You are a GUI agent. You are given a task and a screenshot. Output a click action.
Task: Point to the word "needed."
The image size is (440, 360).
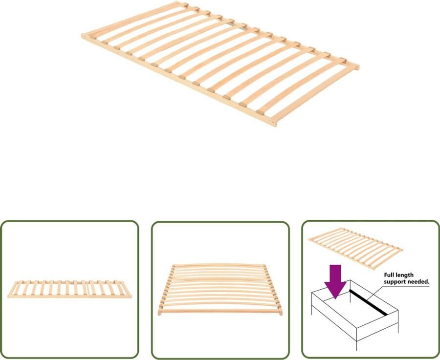coord(420,282)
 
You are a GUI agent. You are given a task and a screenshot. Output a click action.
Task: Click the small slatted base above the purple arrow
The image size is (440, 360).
coord(355,248)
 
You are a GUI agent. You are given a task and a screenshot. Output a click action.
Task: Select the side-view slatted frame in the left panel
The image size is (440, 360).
coord(69,289)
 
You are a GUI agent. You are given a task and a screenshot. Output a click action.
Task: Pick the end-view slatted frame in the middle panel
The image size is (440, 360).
coord(220,290)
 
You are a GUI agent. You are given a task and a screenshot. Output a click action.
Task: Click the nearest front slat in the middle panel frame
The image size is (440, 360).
coord(220,310)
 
